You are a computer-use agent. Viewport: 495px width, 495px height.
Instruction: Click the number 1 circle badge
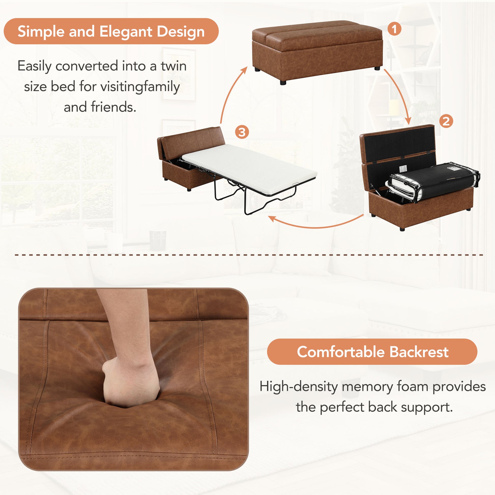(394, 29)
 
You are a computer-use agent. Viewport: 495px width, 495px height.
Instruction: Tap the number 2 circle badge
(446, 121)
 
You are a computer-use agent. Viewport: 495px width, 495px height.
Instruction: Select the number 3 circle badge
(242, 132)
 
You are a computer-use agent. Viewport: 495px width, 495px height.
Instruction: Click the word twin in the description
(173, 66)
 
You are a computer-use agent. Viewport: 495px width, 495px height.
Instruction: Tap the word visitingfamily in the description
(140, 87)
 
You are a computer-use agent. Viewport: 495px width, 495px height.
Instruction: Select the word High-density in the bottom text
(298, 386)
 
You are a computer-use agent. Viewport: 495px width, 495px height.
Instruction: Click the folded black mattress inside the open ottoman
(433, 181)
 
